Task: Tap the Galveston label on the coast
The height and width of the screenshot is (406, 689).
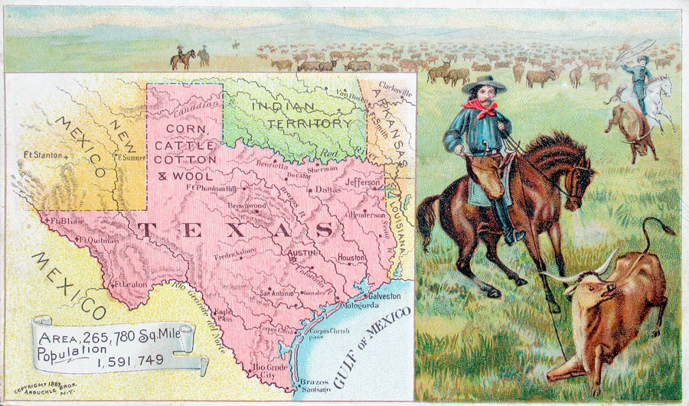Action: tap(384, 295)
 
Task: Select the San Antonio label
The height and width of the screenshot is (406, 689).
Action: tap(276, 292)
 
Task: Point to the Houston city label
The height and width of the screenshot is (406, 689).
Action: tap(351, 258)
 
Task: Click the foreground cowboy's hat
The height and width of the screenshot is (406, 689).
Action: tap(483, 83)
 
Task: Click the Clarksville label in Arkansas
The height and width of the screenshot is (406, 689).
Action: tap(395, 93)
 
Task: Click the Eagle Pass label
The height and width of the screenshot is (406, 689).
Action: tap(224, 316)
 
